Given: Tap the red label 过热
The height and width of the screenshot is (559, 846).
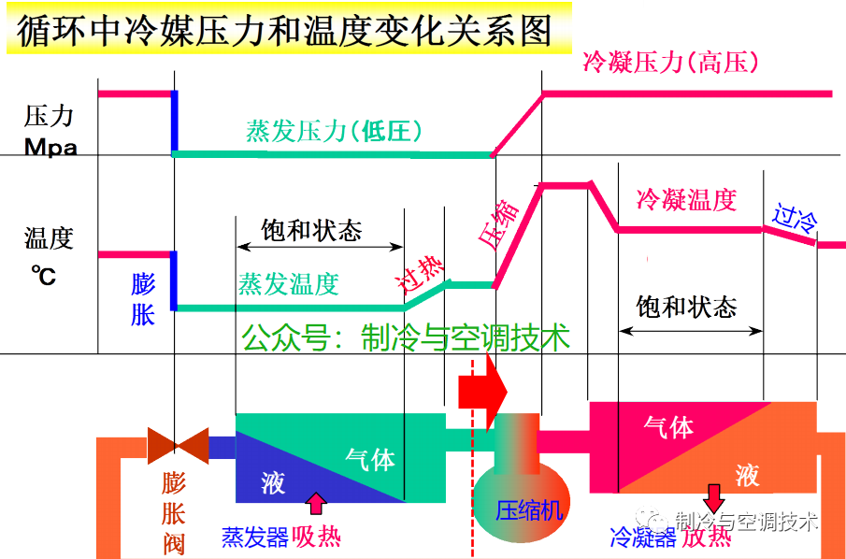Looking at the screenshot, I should (x=418, y=272).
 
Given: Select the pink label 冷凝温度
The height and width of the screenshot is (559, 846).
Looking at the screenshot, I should (x=686, y=199).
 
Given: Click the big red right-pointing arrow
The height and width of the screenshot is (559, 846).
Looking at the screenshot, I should (x=482, y=391).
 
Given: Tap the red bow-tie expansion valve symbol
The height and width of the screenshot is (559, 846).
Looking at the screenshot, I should (x=178, y=446).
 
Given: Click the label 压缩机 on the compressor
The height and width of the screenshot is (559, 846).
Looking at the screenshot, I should (x=529, y=510).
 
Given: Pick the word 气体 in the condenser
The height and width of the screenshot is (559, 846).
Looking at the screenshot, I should (x=668, y=427).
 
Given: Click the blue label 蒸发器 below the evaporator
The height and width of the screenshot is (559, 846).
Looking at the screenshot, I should (x=254, y=537).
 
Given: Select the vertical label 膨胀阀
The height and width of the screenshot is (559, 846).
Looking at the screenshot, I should (x=174, y=513).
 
